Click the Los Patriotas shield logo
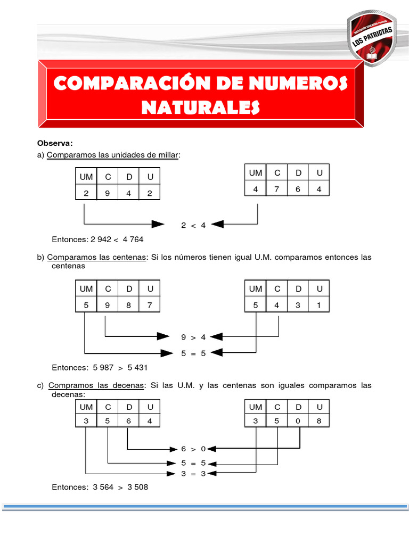372,40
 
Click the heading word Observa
54,143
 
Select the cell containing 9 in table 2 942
108,194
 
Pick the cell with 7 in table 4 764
277,188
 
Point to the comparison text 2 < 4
193,225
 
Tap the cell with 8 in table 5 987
129,305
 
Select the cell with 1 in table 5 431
319,305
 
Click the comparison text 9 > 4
193,336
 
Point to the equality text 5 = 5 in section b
193,352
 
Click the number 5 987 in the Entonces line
104,367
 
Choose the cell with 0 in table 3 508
298,420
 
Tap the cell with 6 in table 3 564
129,420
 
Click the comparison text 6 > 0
193,449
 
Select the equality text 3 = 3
193,473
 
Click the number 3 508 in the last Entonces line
138,486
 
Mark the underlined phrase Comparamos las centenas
96,257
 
